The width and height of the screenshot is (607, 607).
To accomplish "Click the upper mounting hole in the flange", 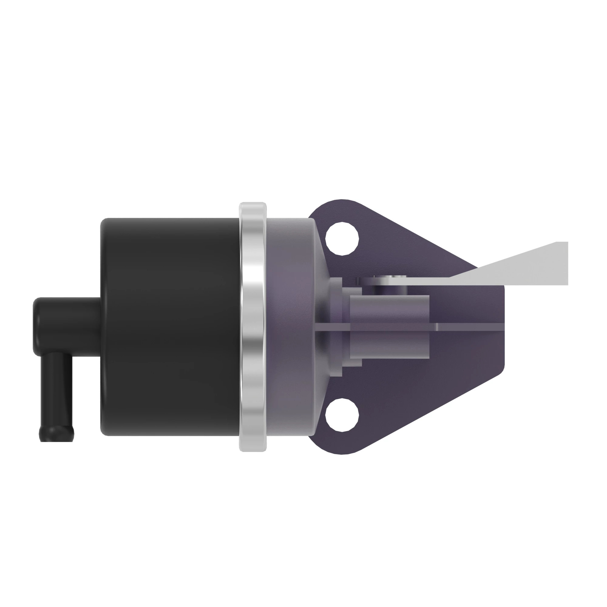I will [x=342, y=239].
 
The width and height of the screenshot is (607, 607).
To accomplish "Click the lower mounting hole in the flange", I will [x=342, y=414].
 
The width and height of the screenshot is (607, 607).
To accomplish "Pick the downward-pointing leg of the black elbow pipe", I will [x=56, y=393].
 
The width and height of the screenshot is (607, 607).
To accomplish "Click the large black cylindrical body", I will [x=170, y=327].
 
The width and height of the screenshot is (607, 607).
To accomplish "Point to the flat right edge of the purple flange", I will [x=502, y=327].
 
